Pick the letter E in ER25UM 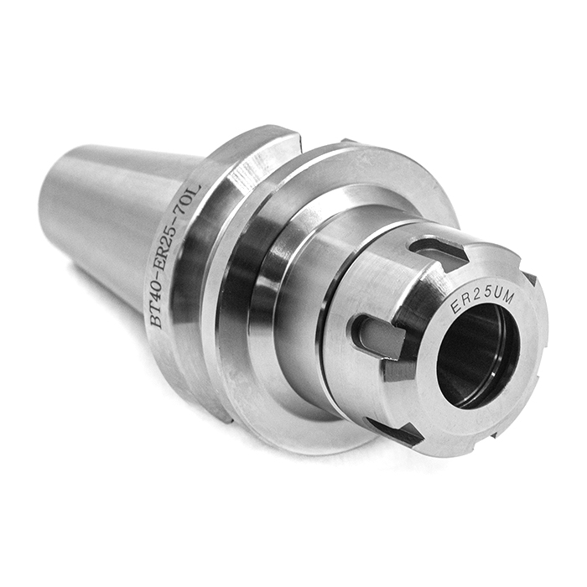pos(455,306)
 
